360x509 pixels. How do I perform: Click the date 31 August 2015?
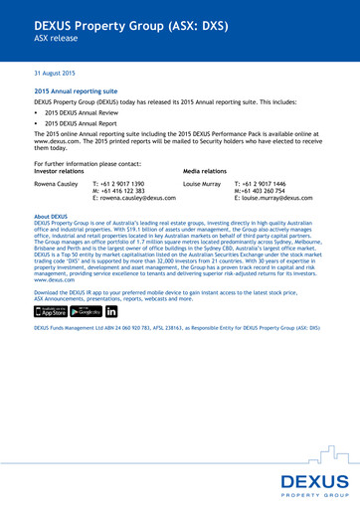tap(55, 75)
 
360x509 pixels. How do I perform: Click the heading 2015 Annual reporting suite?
tap(76, 91)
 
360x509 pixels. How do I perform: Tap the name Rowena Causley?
tap(56, 184)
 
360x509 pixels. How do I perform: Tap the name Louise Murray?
tap(202, 184)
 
